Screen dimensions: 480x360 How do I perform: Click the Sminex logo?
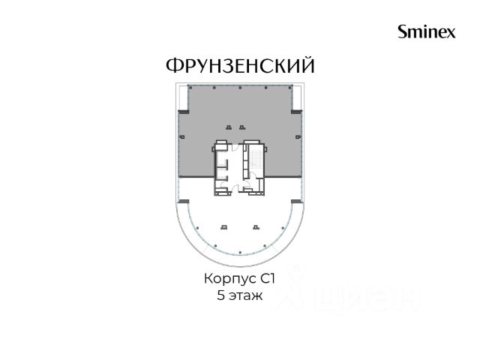[427, 31]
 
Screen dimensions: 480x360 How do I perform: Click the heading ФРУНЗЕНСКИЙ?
[240, 65]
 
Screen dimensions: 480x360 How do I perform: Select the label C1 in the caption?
[268, 279]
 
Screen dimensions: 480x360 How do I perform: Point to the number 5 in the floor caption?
[220, 295]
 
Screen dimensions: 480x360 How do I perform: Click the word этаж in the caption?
[245, 296]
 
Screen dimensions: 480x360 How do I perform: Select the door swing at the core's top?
[235, 147]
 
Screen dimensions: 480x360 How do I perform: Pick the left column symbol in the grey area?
[228, 127]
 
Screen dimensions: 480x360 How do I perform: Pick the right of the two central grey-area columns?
[242, 127]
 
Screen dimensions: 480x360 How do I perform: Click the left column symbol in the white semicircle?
[224, 226]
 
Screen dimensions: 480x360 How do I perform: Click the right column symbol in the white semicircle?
[256, 226]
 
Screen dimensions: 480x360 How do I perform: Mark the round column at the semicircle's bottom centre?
[240, 253]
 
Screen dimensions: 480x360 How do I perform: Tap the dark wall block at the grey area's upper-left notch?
[184, 112]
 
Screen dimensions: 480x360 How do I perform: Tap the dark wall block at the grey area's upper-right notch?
[297, 112]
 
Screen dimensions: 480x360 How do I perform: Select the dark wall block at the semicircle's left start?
[184, 202]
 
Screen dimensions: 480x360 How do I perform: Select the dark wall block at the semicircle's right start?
[297, 202]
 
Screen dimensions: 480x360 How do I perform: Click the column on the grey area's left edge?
[182, 136]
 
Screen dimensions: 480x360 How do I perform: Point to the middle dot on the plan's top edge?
[240, 88]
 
